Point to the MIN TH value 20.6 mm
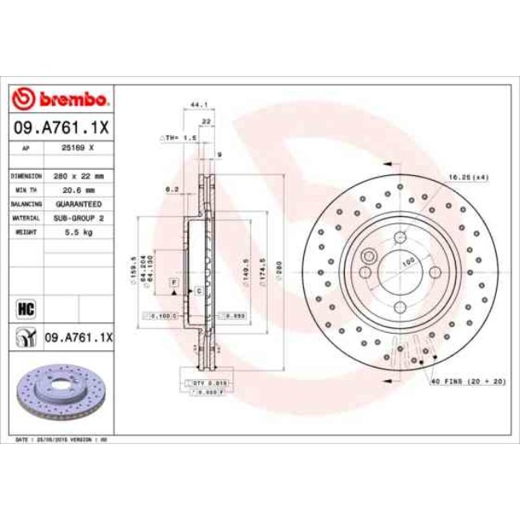[x=80, y=190]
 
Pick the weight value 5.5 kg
[x=80, y=231]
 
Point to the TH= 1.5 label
[x=180, y=138]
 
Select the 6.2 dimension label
[x=170, y=190]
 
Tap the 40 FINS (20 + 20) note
[x=469, y=382]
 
